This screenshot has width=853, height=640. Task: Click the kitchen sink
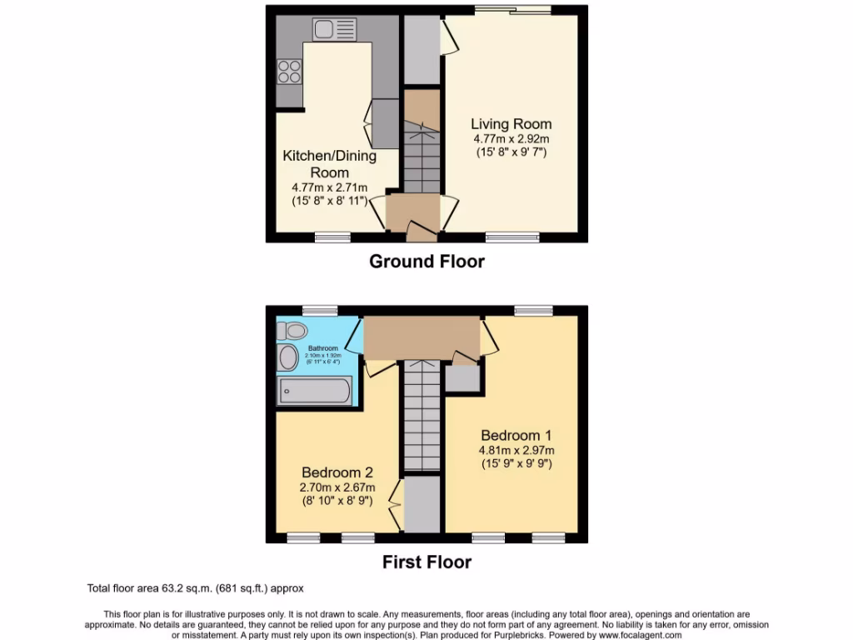tap(334, 30)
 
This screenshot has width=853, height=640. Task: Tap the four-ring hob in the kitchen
tap(289, 72)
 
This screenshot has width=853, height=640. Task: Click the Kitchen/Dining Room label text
tap(329, 164)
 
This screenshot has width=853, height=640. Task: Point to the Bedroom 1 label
tap(516, 435)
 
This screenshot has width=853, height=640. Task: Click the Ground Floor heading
tap(426, 262)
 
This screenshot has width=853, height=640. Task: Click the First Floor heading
tap(426, 562)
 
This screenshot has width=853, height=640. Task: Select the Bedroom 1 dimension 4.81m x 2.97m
tap(516, 451)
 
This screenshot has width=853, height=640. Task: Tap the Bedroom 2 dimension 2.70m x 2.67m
tap(337, 487)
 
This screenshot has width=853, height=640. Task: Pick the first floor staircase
tap(422, 417)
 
